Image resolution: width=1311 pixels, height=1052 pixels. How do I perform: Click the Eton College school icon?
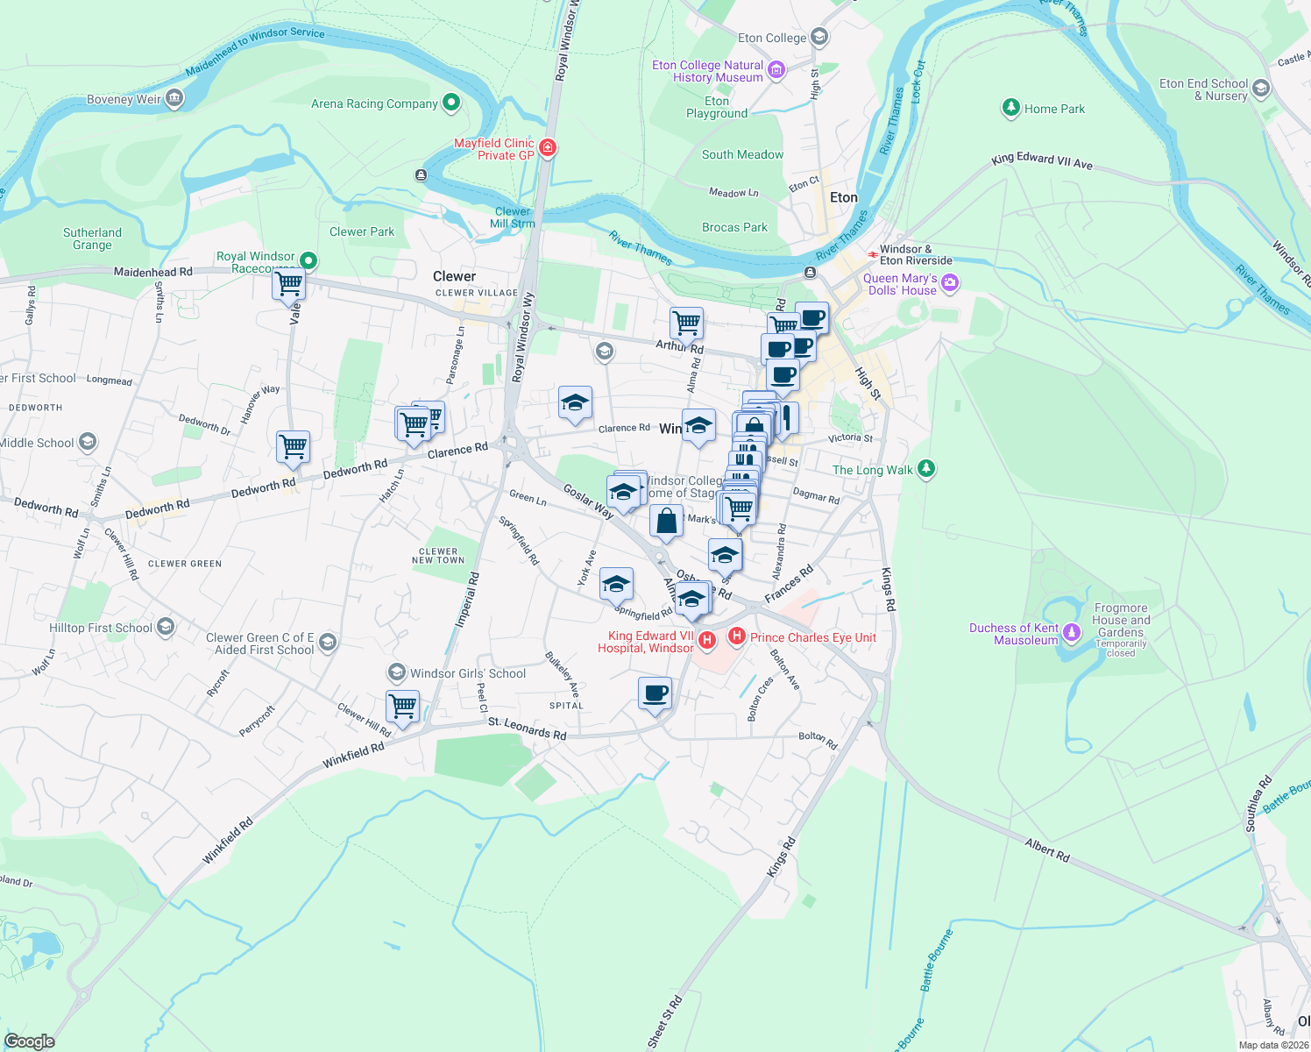pos(819,37)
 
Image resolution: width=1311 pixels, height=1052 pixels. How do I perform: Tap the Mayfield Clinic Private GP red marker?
pos(548,148)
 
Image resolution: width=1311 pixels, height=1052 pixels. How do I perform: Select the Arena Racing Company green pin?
pos(451,103)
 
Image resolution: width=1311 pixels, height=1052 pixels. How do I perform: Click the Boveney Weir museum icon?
pos(174,98)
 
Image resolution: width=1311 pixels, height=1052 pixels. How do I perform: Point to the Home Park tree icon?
pos(1011,108)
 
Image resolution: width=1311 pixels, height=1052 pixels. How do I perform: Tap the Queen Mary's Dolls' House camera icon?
pos(950,283)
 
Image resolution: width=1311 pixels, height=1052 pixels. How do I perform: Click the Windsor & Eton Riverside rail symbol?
pos(873,254)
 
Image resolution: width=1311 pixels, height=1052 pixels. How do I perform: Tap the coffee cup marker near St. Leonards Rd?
pos(655,694)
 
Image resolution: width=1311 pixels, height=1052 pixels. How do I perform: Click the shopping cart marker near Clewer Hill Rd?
pos(402,707)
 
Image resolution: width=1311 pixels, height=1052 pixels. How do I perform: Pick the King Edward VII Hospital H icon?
pos(707,641)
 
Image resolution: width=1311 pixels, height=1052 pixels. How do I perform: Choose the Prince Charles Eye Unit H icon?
pos(737,636)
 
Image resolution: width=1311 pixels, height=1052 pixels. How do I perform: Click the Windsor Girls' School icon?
pos(397,673)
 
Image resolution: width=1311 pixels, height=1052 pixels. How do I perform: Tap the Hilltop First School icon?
pos(166,628)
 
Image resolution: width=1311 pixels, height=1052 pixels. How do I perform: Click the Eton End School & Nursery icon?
pos(1261,89)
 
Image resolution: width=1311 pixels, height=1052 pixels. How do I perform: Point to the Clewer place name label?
pos(454,276)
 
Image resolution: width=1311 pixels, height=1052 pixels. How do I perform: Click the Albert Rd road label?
pos(1047,849)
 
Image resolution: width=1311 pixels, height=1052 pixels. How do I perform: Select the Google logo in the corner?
pos(30,1041)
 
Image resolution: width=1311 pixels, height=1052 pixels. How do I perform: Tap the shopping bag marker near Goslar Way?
pos(666,521)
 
